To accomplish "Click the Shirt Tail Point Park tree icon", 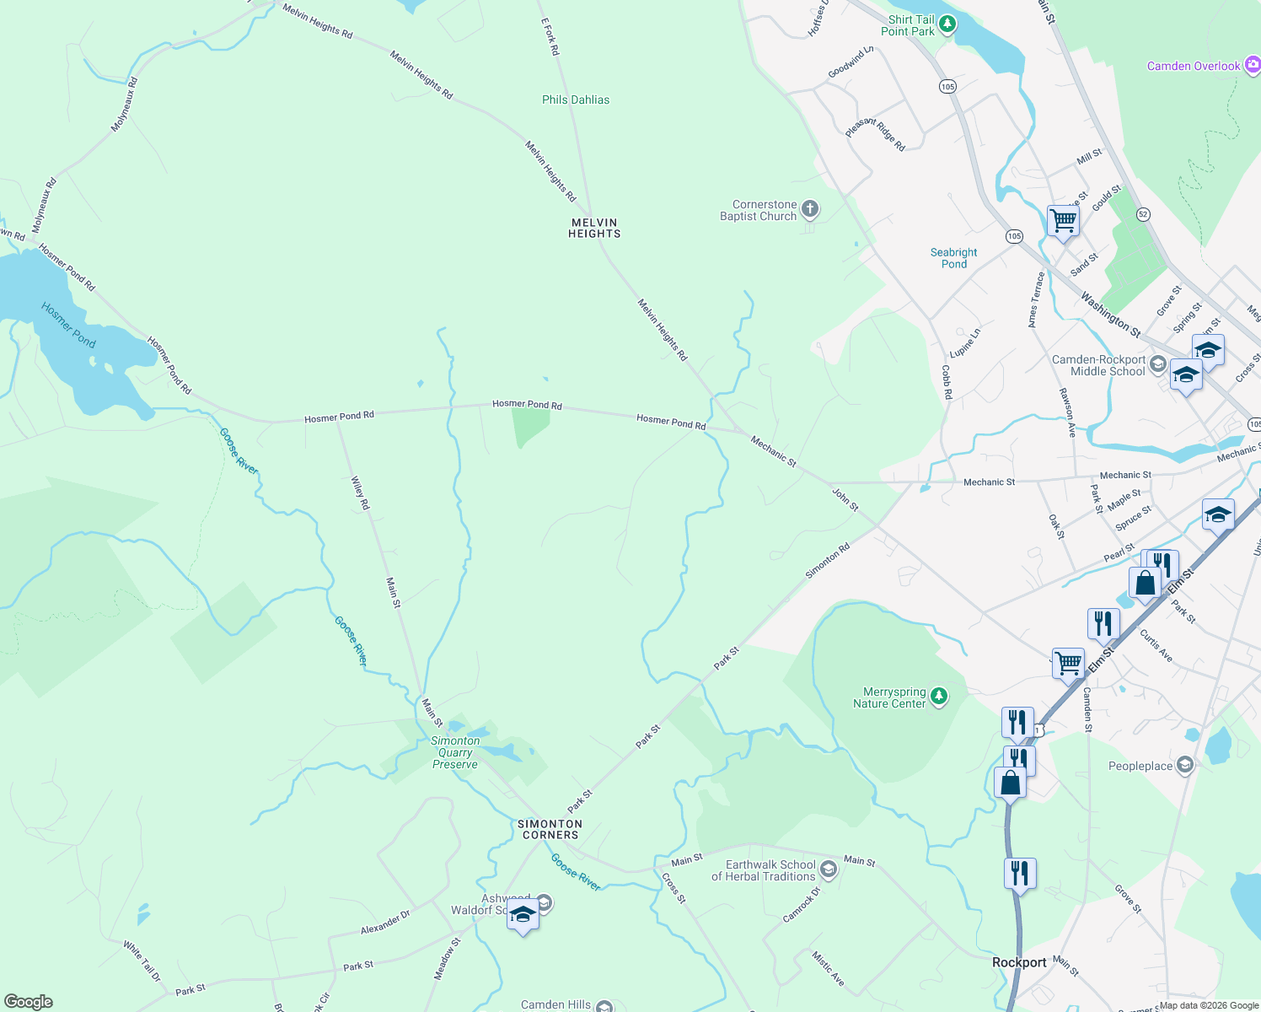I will [947, 24].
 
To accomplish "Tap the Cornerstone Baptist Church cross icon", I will [810, 209].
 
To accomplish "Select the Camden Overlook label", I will [1193, 66].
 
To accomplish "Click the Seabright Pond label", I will [953, 258].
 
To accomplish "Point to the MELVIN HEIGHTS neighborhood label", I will [594, 228].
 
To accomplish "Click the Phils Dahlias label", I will [576, 100].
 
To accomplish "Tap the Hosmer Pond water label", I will [68, 325].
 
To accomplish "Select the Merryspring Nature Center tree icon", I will [939, 697].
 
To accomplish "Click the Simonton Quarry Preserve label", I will [455, 752].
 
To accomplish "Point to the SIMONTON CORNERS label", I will [550, 829].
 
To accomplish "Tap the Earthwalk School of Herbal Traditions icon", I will [829, 869].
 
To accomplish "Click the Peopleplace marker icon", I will [1185, 765].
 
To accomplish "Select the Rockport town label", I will [1019, 962].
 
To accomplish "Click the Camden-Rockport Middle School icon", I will [1157, 364].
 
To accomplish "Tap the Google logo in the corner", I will [28, 1001].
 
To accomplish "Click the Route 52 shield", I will [1143, 214].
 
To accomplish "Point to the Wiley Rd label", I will [360, 493].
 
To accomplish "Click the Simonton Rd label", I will [828, 561].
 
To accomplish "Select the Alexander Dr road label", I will [385, 922].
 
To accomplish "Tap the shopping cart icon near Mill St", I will [1063, 221].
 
